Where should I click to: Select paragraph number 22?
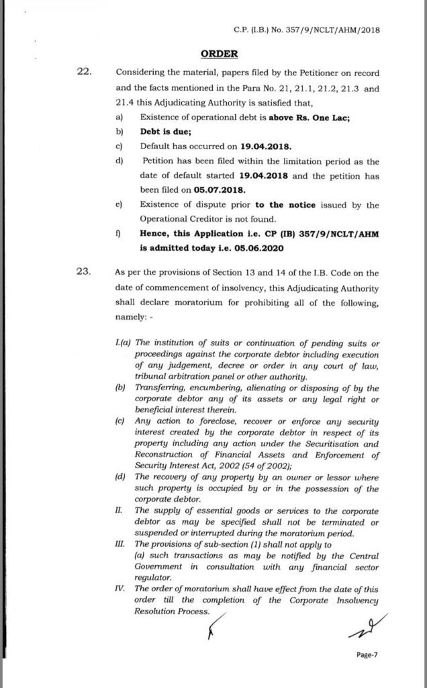86,71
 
